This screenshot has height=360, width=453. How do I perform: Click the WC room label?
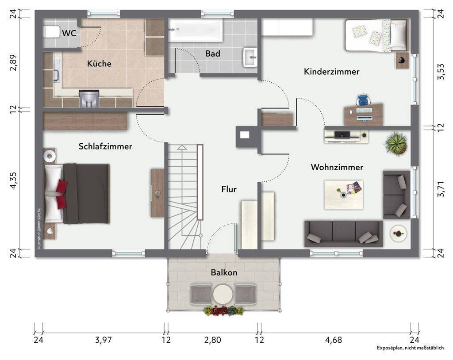(x=69, y=33)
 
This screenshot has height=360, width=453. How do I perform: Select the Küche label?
(x=99, y=64)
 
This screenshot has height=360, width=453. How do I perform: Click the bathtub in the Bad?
(x=196, y=31)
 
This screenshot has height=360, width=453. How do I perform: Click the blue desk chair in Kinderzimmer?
(x=363, y=100)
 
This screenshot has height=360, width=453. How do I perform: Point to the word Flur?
(x=229, y=189)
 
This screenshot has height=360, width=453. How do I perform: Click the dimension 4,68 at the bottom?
(x=334, y=340)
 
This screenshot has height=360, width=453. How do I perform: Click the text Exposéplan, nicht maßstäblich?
(x=410, y=348)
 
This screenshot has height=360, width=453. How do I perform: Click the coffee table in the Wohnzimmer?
(x=343, y=195)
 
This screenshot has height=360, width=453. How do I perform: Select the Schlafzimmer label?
(x=105, y=146)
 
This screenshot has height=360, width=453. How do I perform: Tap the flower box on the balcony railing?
(x=223, y=310)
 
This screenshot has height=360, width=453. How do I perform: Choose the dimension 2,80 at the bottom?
(x=213, y=340)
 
